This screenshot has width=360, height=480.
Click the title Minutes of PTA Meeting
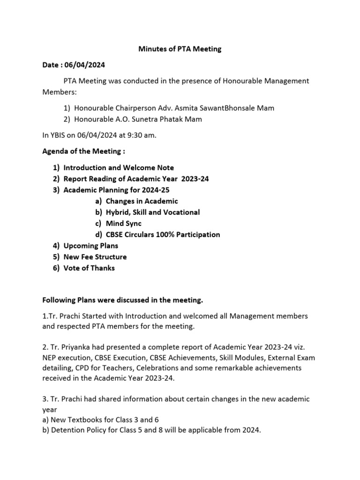click(180, 49)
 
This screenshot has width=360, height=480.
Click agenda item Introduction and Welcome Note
click(119, 167)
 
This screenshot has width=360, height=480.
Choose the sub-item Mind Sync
click(124, 224)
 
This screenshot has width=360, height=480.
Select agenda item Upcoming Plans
click(91, 246)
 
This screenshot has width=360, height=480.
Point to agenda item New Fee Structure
click(95, 257)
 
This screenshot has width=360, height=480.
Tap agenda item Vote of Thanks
click(89, 268)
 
